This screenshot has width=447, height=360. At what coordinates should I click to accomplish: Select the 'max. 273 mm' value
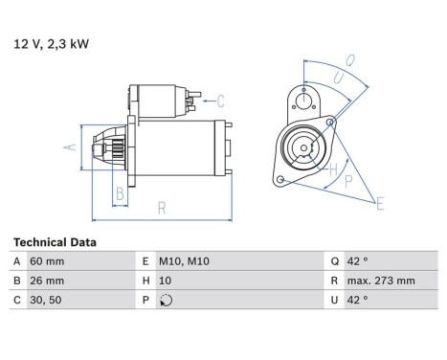383,281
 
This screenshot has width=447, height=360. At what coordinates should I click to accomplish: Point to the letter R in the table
335,281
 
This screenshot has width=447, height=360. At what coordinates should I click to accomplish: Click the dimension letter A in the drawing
68,146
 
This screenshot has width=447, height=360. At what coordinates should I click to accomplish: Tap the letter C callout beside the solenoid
220,100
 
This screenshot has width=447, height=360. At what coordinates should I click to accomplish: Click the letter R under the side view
162,205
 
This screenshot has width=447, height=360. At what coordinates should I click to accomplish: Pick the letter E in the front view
380,203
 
